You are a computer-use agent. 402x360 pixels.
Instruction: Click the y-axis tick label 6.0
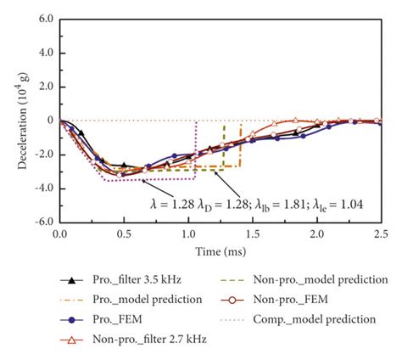44,18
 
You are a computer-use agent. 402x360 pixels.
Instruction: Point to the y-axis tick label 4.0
44,52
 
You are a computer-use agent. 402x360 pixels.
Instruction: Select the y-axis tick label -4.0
42,188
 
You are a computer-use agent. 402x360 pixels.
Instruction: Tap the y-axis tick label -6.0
42,222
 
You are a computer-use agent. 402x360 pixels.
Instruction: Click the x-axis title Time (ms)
220,247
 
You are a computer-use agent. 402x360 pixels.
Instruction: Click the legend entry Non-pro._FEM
305,299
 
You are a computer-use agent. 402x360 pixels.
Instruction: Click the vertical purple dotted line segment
197,149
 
